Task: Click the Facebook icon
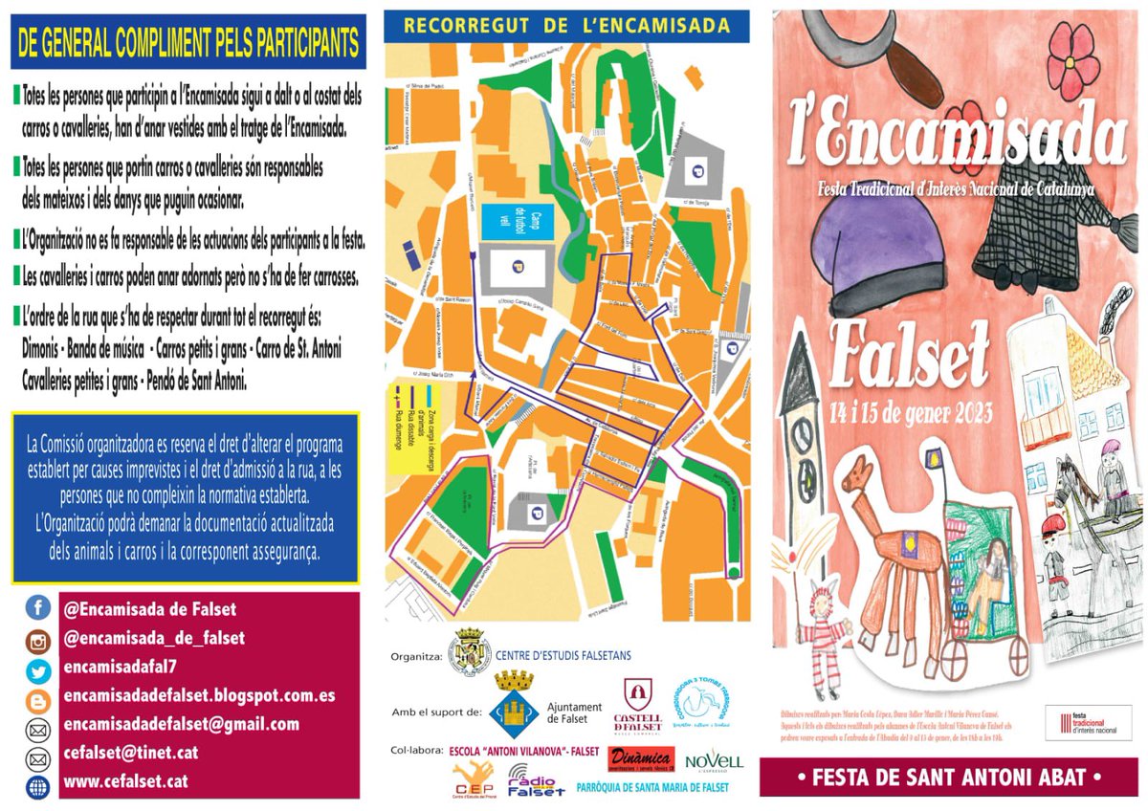click(x=38, y=608)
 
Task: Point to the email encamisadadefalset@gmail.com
click(x=181, y=724)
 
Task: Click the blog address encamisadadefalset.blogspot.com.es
click(x=198, y=695)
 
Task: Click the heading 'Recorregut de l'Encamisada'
click(x=566, y=26)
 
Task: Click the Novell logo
click(x=714, y=761)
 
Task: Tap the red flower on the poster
click(x=1072, y=59)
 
